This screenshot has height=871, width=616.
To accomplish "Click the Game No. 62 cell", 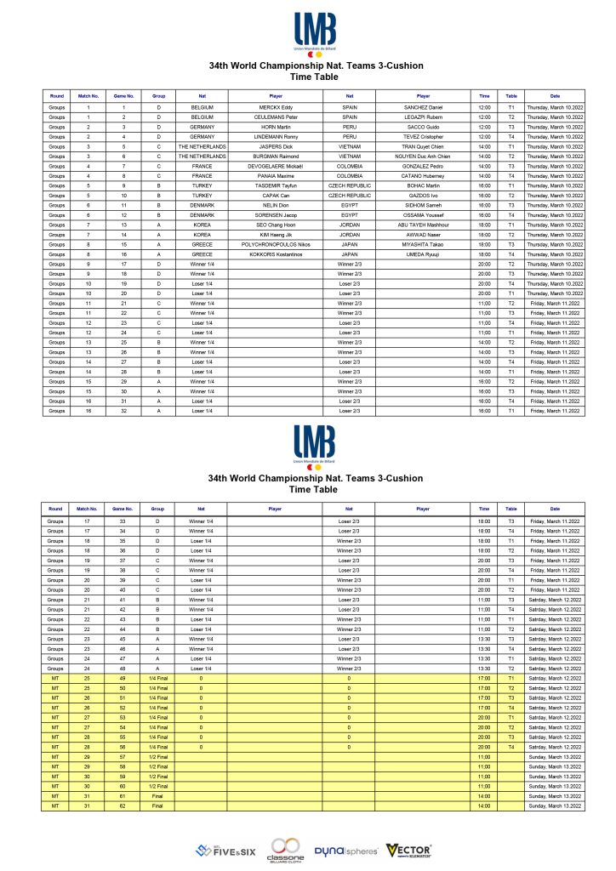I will pyautogui.click(x=123, y=805).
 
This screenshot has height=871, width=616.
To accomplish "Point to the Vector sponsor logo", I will pyautogui.click(x=408, y=850).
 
